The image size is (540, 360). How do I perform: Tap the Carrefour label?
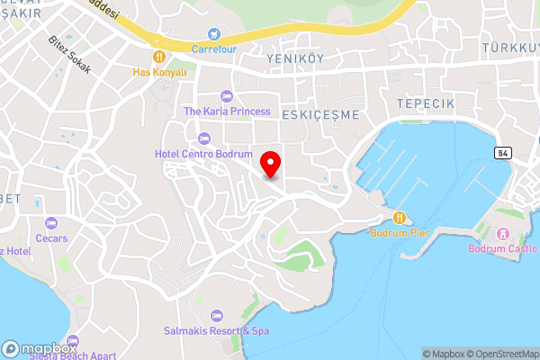pyautogui.click(x=213, y=49)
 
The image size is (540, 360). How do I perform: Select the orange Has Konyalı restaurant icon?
pyautogui.click(x=158, y=56)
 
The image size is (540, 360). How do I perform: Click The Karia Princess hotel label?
pyautogui.click(x=227, y=112)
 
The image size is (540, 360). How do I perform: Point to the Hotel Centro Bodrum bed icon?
pyautogui.click(x=203, y=138)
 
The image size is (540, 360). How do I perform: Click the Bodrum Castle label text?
pyautogui.click(x=502, y=249)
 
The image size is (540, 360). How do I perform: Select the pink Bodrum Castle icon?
pyautogui.click(x=502, y=233)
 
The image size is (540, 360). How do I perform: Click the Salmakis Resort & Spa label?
pyautogui.click(x=216, y=330)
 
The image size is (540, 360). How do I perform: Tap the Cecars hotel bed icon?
pyautogui.click(x=51, y=222)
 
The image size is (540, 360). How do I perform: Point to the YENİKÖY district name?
pyautogui.click(x=295, y=58)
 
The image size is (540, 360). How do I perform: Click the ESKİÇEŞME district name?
pyautogui.click(x=320, y=115)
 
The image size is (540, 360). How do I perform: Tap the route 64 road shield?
pyautogui.click(x=502, y=152)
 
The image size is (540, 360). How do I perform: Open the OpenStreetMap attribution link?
pyautogui.click(x=503, y=354)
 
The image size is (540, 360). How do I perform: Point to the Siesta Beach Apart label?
pyautogui.click(x=72, y=355)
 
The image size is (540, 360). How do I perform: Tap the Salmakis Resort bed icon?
pyautogui.click(x=216, y=315)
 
